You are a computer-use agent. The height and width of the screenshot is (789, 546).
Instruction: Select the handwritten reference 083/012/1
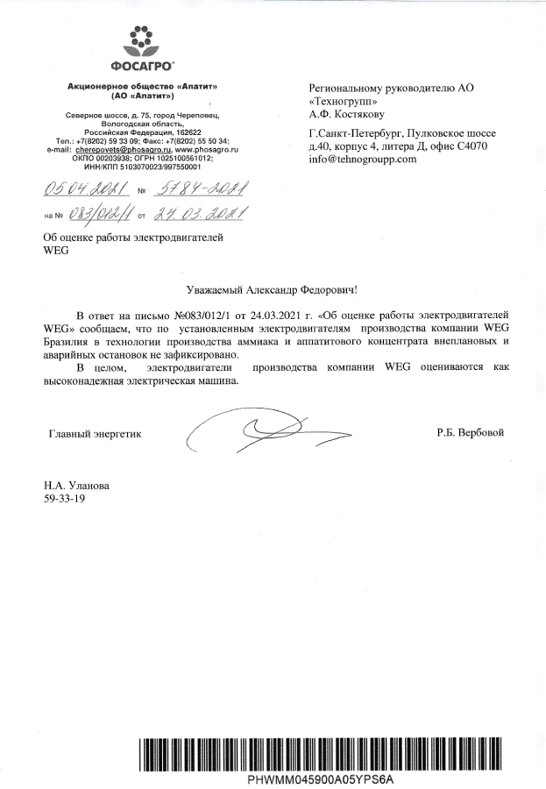pyautogui.click(x=94, y=214)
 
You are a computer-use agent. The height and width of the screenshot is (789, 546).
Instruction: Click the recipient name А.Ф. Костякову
pyautogui.click(x=351, y=113)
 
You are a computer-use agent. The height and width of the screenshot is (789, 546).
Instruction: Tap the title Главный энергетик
pyautogui.click(x=94, y=433)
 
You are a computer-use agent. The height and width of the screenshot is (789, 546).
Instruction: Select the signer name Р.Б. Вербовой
pyautogui.click(x=470, y=433)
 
